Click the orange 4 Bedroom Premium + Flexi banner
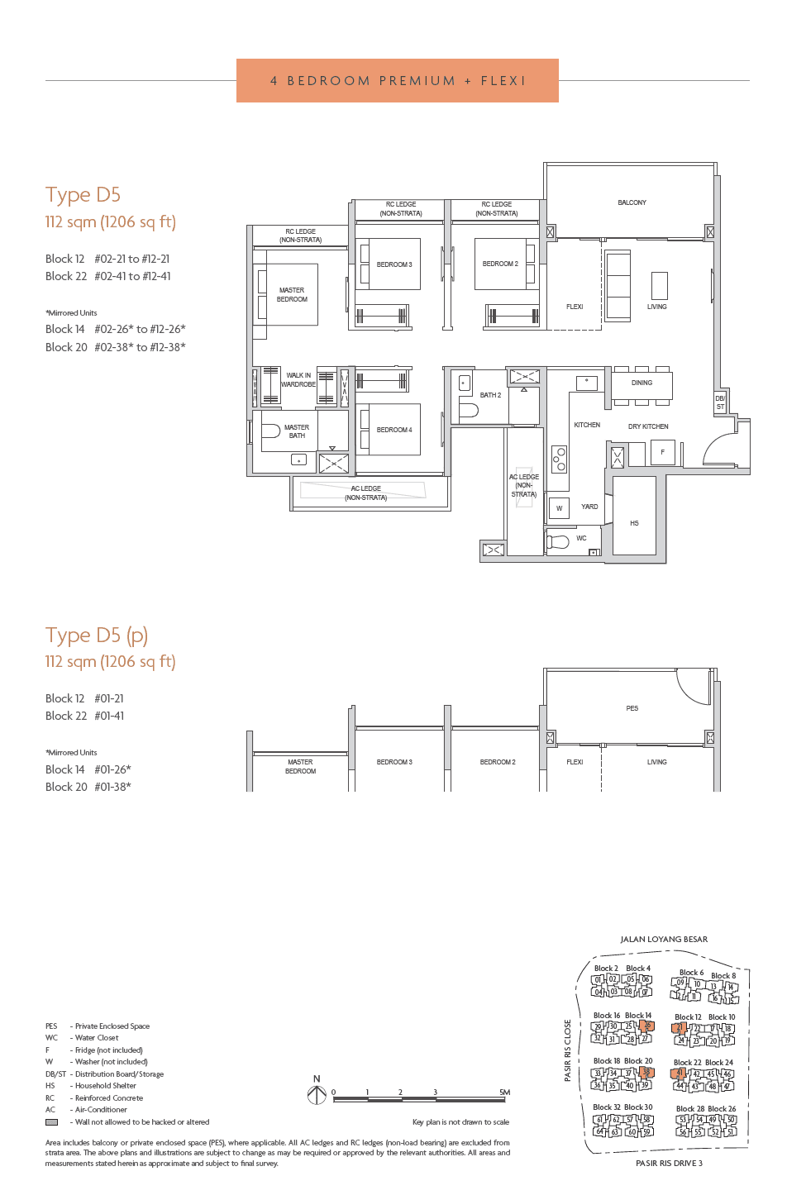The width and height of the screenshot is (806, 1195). [397, 81]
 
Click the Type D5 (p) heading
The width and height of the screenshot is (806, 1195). [97, 636]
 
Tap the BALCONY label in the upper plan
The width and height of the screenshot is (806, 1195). [632, 202]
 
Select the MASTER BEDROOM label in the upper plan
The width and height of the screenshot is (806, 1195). [292, 295]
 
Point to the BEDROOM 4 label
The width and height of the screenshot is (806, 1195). [394, 430]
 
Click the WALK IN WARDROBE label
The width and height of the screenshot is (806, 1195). [298, 380]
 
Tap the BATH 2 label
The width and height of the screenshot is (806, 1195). [490, 395]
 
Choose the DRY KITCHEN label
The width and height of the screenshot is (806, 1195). [648, 426]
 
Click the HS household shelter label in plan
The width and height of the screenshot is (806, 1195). [634, 523]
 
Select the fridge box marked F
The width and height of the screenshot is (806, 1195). [662, 452]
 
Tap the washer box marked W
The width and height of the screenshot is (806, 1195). [559, 508]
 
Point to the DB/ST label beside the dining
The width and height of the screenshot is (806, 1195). [720, 402]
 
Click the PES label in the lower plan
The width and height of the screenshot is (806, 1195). [632, 708]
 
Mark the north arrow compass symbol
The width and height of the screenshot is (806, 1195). [317, 1095]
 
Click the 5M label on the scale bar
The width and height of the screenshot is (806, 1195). [504, 1093]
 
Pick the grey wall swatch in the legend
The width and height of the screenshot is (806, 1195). [51, 1122]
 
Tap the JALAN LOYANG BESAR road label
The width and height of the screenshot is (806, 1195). [664, 940]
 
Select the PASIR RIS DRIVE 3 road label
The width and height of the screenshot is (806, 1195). [669, 1164]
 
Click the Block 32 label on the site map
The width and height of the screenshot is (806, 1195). [606, 1107]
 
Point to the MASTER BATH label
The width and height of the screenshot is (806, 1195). [297, 431]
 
